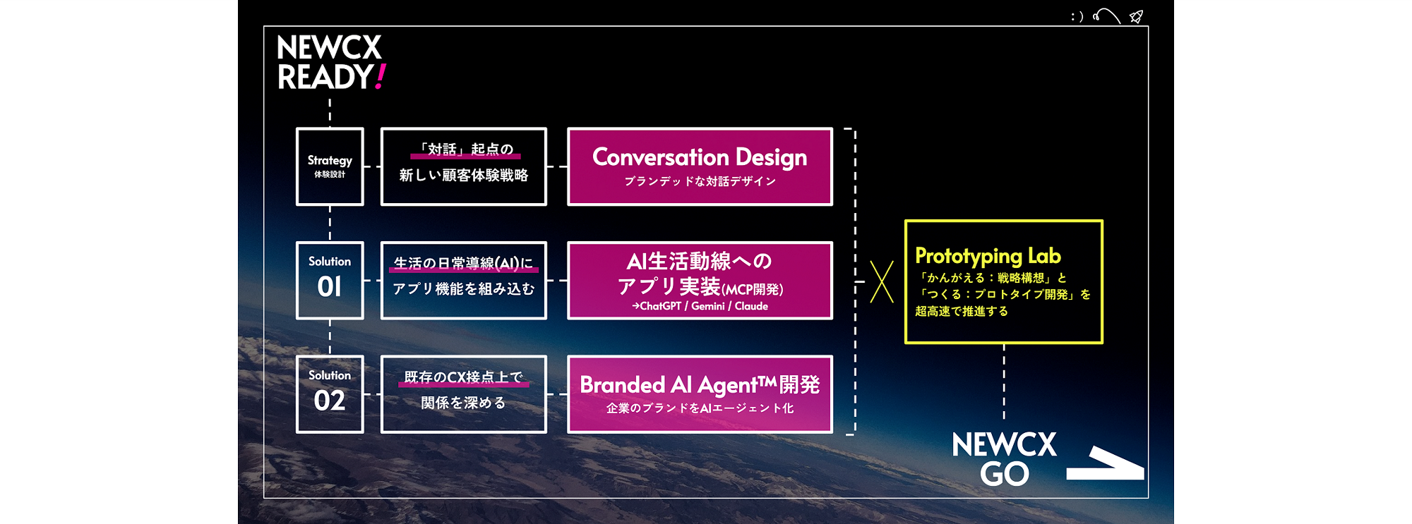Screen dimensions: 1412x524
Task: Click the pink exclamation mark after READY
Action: [x=380, y=77]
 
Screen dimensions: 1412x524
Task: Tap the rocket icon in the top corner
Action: [x=1136, y=16]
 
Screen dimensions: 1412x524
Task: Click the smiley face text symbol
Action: [x=1077, y=16]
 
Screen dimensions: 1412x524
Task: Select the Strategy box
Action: [x=330, y=166]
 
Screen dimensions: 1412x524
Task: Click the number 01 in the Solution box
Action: [x=330, y=286]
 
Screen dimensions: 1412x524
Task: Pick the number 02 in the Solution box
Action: [x=330, y=401]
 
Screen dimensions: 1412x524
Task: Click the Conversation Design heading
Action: [x=700, y=157]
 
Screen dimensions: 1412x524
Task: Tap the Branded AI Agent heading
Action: [x=700, y=384]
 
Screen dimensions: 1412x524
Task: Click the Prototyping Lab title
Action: [x=988, y=256]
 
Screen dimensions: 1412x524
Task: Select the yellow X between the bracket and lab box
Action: [x=882, y=282]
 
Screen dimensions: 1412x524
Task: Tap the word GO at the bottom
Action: [x=1005, y=474]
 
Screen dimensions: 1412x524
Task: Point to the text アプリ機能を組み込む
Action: [x=464, y=288]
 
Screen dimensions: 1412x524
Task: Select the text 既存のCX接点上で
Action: [x=464, y=377]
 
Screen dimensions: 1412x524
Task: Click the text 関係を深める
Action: [x=464, y=403]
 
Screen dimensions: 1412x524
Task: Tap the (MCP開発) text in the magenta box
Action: [x=752, y=289]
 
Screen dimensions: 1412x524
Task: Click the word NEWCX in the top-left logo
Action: [x=329, y=48]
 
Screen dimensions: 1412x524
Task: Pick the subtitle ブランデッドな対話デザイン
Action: [x=700, y=181]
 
